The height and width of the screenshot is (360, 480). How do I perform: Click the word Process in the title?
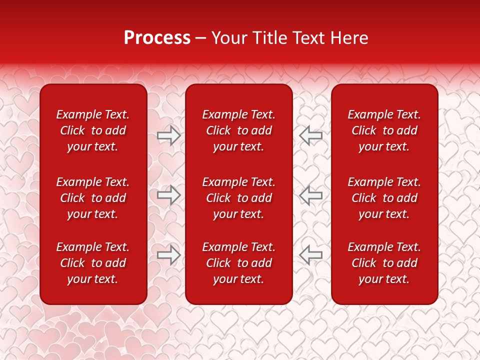click(x=157, y=38)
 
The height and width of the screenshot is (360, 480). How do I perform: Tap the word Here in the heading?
click(x=348, y=38)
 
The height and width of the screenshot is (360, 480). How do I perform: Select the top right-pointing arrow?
click(x=168, y=135)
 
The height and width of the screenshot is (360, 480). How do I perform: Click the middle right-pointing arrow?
click(x=168, y=195)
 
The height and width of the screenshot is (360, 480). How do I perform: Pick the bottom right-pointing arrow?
click(x=168, y=255)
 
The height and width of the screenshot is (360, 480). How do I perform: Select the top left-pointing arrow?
click(x=311, y=135)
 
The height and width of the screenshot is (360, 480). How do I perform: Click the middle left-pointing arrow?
click(x=311, y=195)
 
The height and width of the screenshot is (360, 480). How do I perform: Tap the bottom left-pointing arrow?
click(x=311, y=255)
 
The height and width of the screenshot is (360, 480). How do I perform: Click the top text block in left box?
click(x=93, y=130)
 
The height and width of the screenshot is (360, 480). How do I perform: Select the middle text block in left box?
click(x=93, y=198)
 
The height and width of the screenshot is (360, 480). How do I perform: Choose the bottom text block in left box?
click(x=93, y=263)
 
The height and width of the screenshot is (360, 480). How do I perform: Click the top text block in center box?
click(x=238, y=130)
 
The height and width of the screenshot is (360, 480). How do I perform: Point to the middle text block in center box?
click(x=238, y=198)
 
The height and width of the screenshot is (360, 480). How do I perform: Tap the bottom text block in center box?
click(x=238, y=263)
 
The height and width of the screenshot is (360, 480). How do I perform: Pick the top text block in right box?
click(x=384, y=130)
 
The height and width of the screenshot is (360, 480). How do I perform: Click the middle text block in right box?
click(x=384, y=198)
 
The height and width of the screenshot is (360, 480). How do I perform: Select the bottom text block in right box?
click(x=384, y=263)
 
